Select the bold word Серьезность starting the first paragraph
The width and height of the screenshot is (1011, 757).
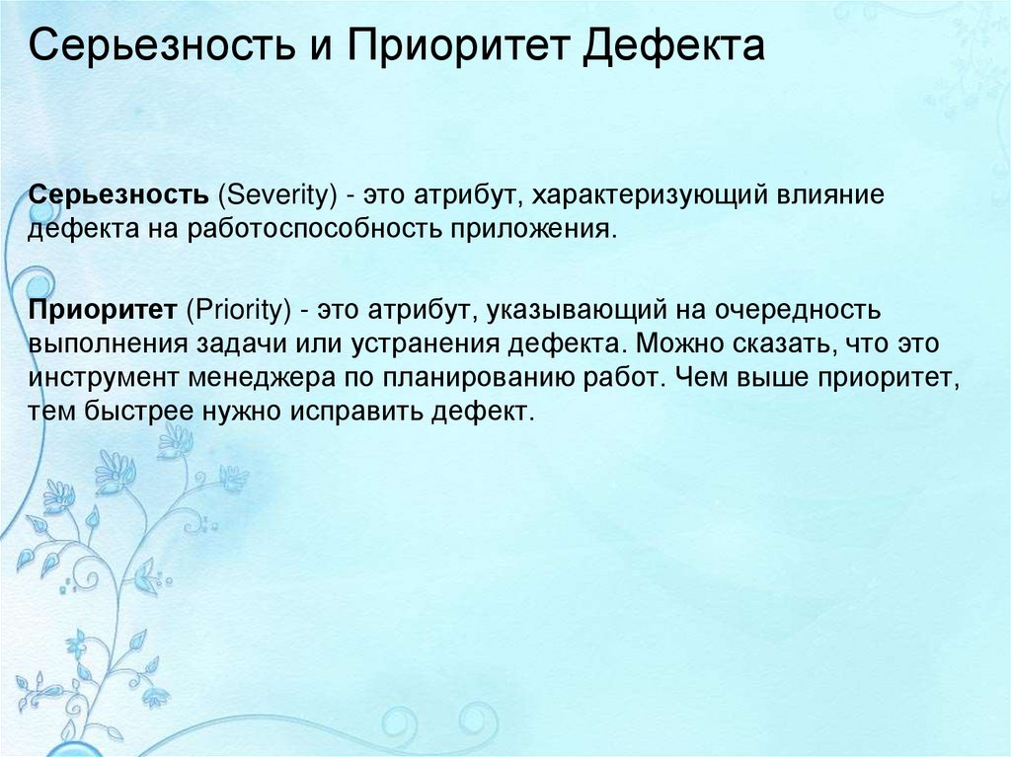[117, 194]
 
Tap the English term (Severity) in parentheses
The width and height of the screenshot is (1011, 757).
[272, 194]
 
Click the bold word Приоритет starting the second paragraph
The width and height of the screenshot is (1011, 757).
[103, 312]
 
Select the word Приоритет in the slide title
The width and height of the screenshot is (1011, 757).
[457, 47]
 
